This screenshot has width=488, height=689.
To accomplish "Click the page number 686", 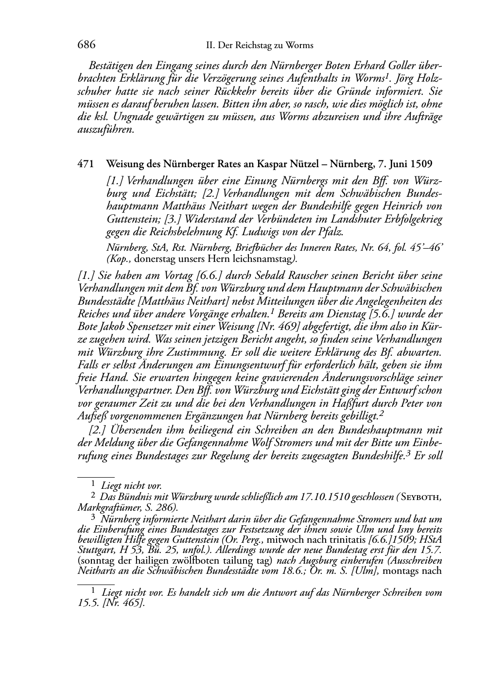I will pyautogui.click(x=86, y=45).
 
